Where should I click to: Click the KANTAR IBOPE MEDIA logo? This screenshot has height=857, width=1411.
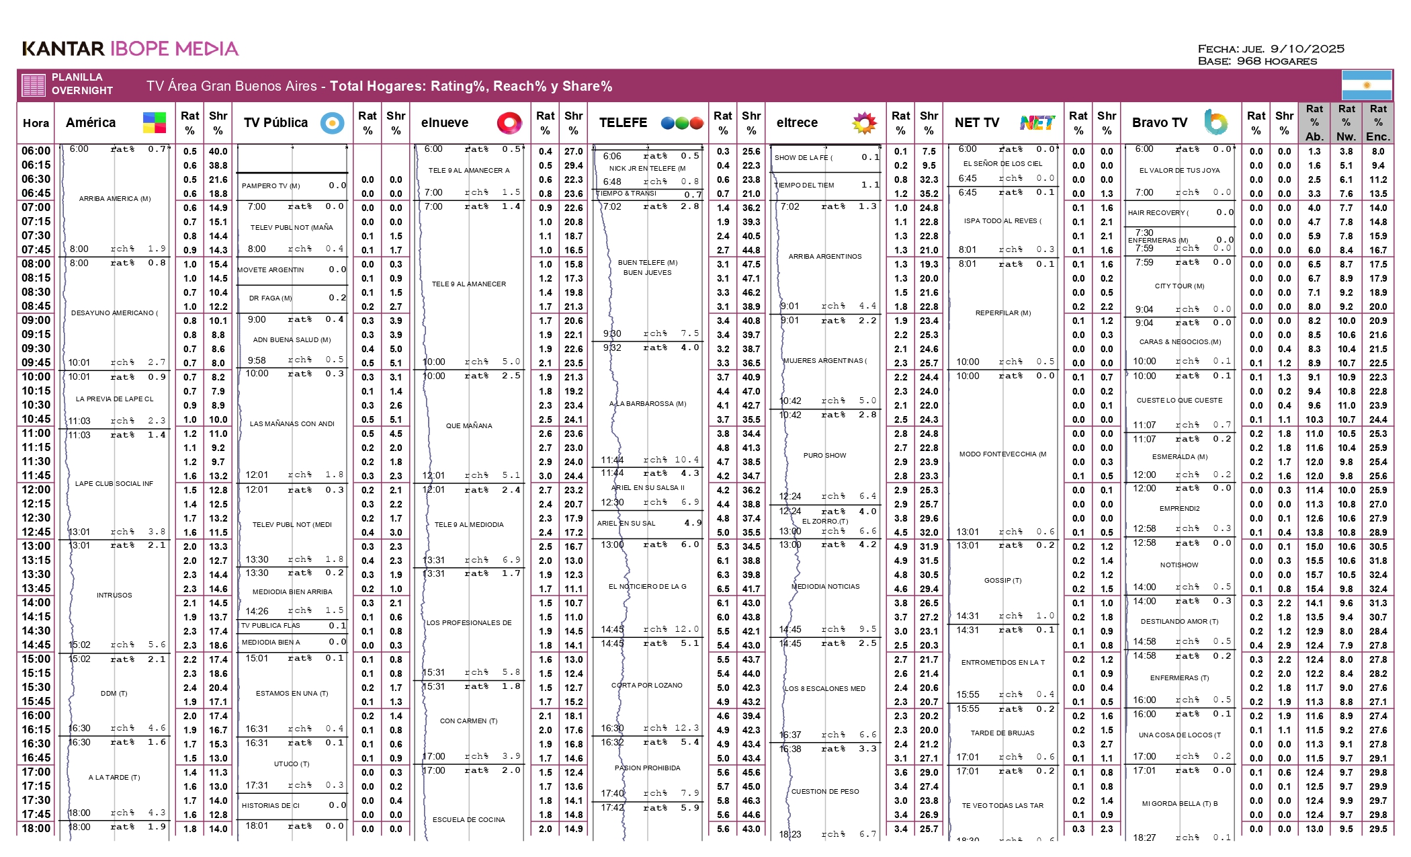point(130,48)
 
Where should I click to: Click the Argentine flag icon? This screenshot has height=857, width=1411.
point(1366,85)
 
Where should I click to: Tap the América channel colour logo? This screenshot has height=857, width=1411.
point(154,122)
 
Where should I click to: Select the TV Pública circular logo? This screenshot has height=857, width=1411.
point(332,122)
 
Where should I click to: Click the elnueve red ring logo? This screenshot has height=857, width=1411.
point(509,122)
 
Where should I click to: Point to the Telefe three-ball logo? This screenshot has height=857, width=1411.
point(681,122)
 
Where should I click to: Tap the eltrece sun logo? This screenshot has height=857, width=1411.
point(864,122)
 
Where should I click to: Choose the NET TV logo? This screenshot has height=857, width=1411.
point(1037,122)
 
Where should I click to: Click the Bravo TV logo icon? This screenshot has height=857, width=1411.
point(1215,122)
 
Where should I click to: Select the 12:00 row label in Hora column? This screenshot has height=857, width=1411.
point(36,490)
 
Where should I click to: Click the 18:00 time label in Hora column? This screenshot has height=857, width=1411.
point(36,829)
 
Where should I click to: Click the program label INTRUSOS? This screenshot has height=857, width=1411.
point(114,595)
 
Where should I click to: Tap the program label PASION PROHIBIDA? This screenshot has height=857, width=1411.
point(647,768)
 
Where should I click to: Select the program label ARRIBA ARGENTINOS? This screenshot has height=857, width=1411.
point(824,256)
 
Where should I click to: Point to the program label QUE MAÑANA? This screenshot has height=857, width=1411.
point(469,425)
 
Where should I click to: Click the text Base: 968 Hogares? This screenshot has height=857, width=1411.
point(1257,61)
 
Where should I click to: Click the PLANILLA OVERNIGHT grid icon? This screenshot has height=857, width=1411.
point(34,85)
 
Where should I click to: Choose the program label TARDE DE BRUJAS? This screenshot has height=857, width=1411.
point(1002,733)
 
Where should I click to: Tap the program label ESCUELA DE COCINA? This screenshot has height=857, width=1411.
point(469,819)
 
